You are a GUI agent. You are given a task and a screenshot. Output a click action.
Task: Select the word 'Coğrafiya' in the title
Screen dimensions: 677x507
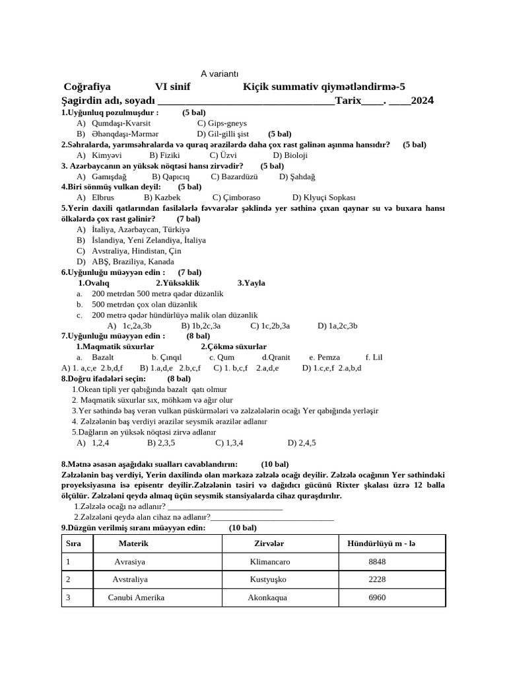(87, 87)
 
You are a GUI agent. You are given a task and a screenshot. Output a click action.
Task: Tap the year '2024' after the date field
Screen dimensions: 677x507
(422, 100)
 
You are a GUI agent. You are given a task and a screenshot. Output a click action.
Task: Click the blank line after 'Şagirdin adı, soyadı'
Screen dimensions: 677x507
(246, 101)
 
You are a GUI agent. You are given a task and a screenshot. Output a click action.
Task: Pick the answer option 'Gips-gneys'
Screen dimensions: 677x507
(222, 123)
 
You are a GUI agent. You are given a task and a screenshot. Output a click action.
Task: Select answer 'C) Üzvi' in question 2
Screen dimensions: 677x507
(215, 155)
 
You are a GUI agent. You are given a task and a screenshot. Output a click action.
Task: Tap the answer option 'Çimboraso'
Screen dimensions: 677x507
(236, 198)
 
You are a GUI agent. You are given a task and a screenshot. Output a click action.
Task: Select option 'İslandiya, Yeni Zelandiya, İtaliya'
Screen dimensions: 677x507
(149, 240)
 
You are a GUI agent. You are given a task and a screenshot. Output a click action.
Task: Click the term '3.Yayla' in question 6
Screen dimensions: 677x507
(252, 283)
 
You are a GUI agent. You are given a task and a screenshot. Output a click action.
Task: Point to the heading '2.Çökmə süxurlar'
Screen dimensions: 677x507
(234, 346)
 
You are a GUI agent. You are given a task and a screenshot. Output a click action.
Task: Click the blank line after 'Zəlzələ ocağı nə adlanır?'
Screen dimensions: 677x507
(225, 506)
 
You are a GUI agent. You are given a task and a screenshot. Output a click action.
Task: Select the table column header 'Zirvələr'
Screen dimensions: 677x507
(269, 543)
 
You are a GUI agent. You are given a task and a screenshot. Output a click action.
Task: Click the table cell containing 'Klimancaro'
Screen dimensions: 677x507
(269, 561)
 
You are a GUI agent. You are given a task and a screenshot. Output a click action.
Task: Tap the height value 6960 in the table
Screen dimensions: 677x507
(377, 597)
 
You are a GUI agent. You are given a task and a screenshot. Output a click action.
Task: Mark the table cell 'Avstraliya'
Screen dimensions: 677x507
(129, 579)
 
